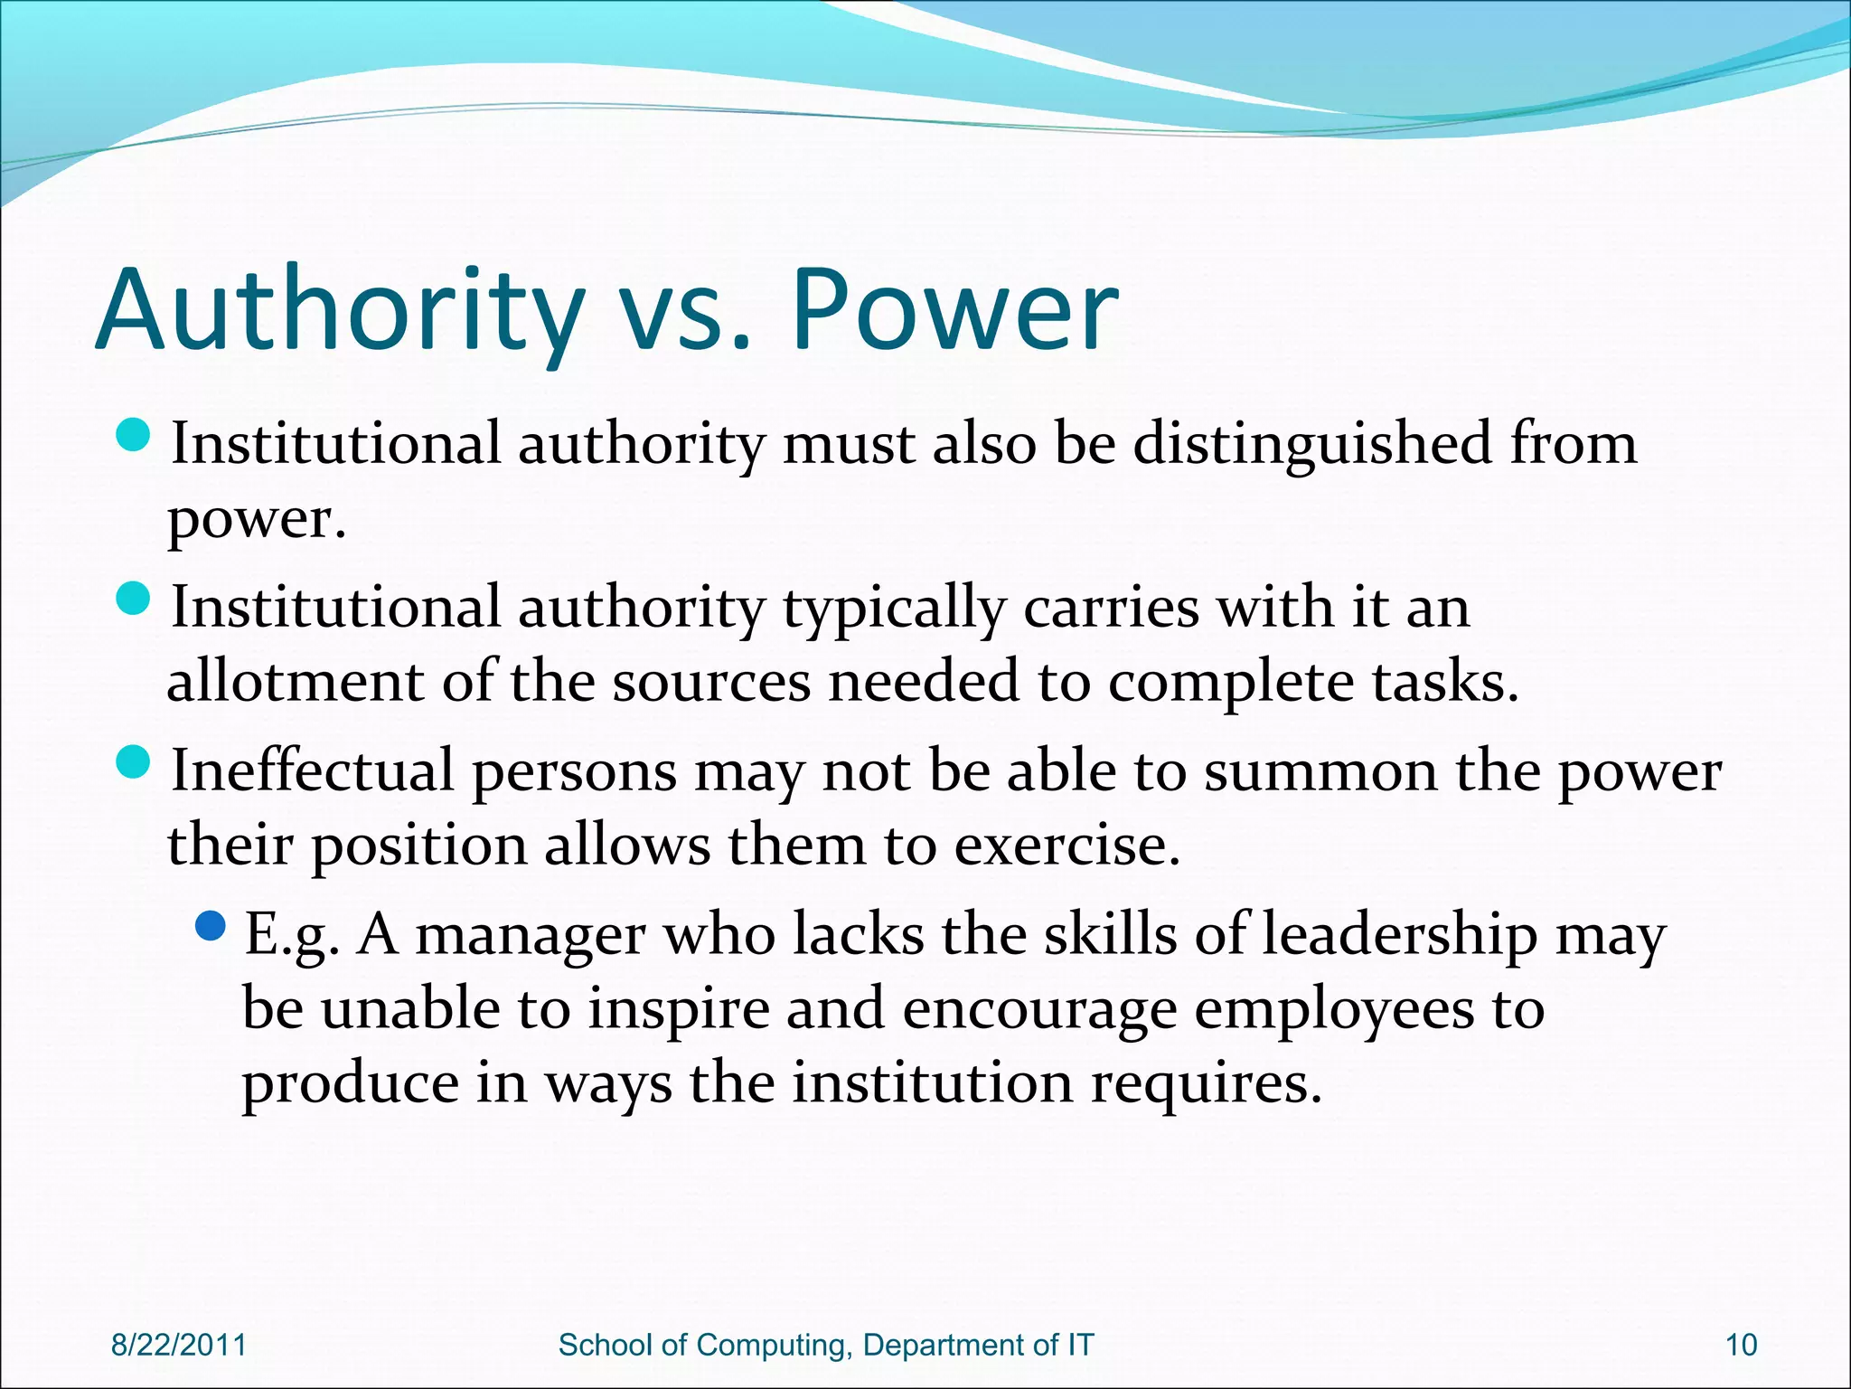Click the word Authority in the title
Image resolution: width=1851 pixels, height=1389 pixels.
339,310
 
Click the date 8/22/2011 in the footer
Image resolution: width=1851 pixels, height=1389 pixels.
179,1345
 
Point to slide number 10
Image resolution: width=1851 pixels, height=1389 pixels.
1741,1345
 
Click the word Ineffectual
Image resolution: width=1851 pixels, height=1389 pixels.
312,770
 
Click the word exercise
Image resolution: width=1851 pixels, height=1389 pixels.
1066,846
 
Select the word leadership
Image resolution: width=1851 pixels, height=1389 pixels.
1399,935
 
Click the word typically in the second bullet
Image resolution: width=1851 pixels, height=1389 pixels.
894,609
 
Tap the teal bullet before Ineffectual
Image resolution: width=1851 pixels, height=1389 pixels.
133,762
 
